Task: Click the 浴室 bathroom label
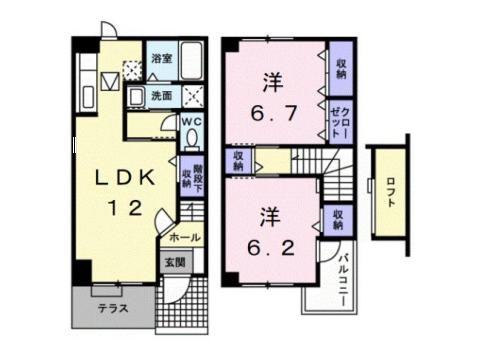(x=161, y=59)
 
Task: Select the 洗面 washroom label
(x=161, y=96)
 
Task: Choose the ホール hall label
(x=183, y=238)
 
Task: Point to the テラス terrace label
(x=112, y=308)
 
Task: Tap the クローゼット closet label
(x=342, y=121)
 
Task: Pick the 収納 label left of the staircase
(x=240, y=160)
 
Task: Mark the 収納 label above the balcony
(x=340, y=217)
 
